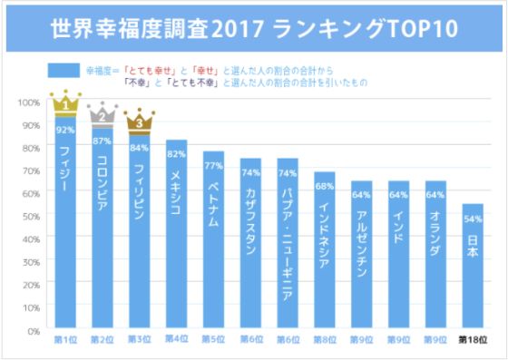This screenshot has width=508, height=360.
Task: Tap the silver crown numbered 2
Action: point(103,114)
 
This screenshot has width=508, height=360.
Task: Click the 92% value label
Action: point(65,130)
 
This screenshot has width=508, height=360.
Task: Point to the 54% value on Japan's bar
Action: point(472,219)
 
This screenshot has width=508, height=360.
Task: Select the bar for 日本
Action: point(472,272)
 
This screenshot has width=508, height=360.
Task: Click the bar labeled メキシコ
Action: point(176,236)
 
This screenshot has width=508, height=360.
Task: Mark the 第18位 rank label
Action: point(472,340)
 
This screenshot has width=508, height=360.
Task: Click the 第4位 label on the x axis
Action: point(176,340)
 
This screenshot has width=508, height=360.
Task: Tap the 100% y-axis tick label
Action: point(28,102)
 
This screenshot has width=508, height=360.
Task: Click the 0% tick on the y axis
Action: point(33,331)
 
